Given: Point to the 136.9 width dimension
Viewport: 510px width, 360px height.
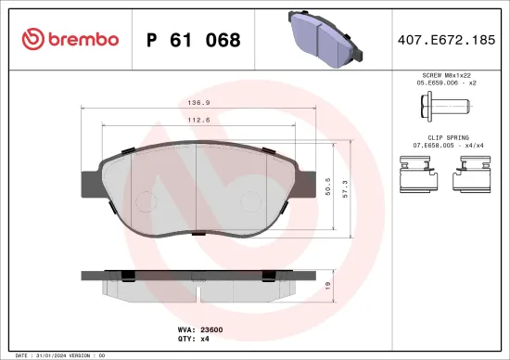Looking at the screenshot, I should tap(197, 103).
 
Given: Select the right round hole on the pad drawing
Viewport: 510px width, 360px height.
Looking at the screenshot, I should tap(250, 200).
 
